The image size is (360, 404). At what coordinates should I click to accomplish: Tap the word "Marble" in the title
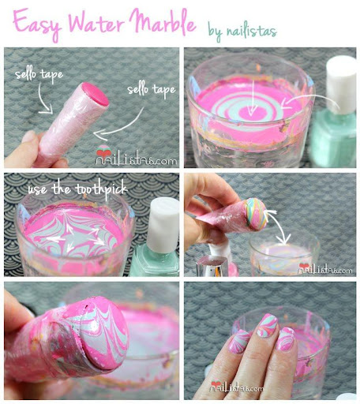163,21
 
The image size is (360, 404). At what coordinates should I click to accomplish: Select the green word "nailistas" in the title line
252,31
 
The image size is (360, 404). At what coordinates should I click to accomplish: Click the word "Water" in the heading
96,22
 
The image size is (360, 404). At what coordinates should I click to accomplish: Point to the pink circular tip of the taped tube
96,94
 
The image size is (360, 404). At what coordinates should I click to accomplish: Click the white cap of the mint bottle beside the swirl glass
341,85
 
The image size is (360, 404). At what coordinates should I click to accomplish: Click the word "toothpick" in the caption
101,190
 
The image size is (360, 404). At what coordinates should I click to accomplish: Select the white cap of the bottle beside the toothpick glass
163,225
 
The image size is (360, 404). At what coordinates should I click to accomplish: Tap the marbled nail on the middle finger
267,325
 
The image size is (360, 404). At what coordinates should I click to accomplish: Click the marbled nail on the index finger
239,341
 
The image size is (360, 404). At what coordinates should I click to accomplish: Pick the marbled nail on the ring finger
286,339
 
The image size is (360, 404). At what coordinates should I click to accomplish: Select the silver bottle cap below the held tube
212,266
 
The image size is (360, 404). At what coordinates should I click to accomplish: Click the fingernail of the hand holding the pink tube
28,137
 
